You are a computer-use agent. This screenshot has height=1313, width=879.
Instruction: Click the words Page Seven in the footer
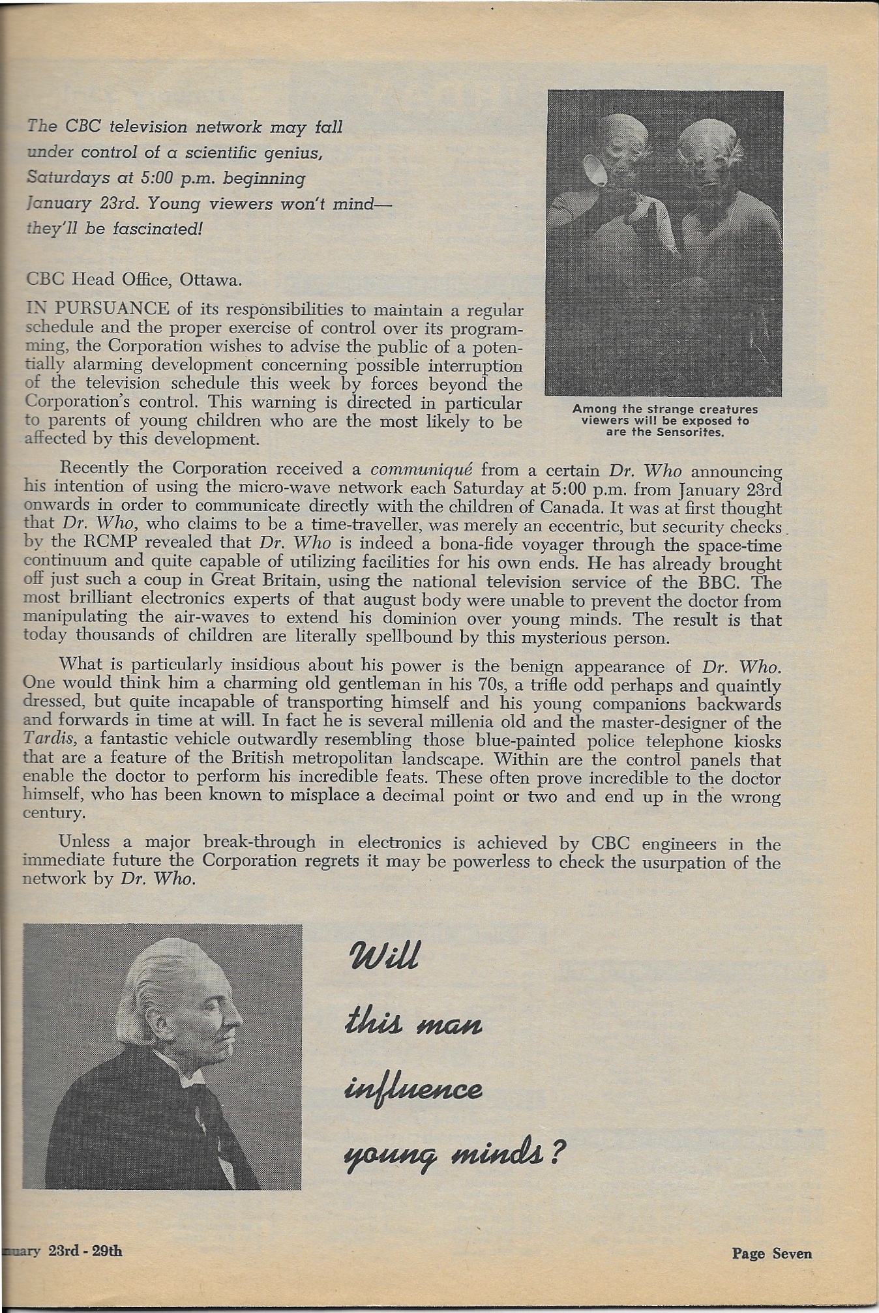[x=771, y=1253]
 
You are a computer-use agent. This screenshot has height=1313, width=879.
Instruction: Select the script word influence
[x=413, y=1089]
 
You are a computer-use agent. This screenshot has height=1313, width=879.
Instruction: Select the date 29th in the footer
[x=106, y=1251]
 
